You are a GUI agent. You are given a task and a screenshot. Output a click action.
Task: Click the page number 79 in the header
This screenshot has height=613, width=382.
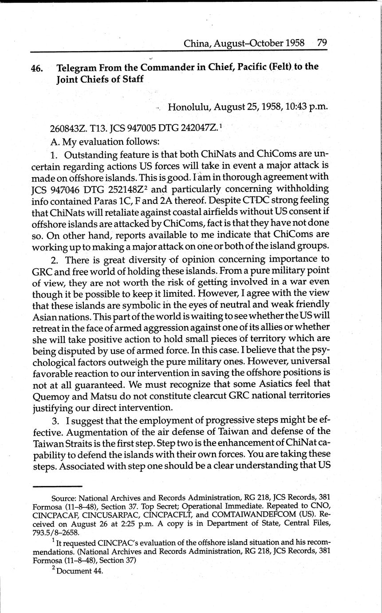322,43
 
